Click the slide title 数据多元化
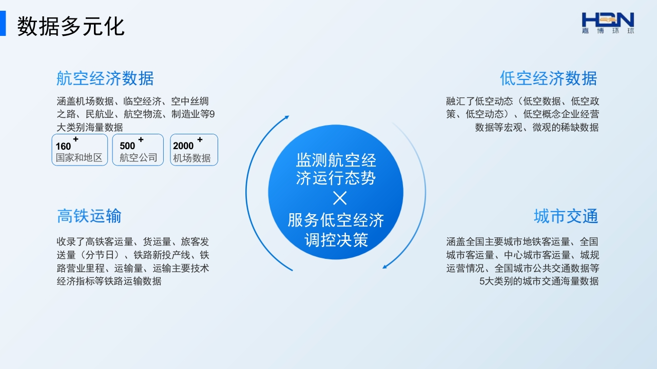pyautogui.click(x=71, y=26)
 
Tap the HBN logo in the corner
pyautogui.click(x=608, y=23)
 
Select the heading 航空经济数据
pyautogui.click(x=105, y=78)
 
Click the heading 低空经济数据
pyautogui.click(x=549, y=78)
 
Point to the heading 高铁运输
pyautogui.click(x=89, y=216)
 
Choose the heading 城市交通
pyautogui.click(x=566, y=216)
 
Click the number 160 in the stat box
pyautogui.click(x=63, y=146)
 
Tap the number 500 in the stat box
pyautogui.click(x=127, y=146)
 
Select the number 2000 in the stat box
pyautogui.click(x=183, y=146)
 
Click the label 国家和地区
pyautogui.click(x=79, y=157)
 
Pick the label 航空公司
pyautogui.click(x=139, y=157)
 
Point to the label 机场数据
pyautogui.click(x=192, y=158)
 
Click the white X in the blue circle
pyautogui.click(x=340, y=198)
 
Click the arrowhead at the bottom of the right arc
pyautogui.click(x=385, y=266)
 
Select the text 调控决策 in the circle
pyautogui.click(x=336, y=240)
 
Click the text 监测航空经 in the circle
pyautogui.click(x=336, y=160)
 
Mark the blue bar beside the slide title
pyautogui.click(x=3, y=24)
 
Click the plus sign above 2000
pyautogui.click(x=200, y=139)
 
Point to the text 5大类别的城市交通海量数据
pyautogui.click(x=539, y=281)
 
